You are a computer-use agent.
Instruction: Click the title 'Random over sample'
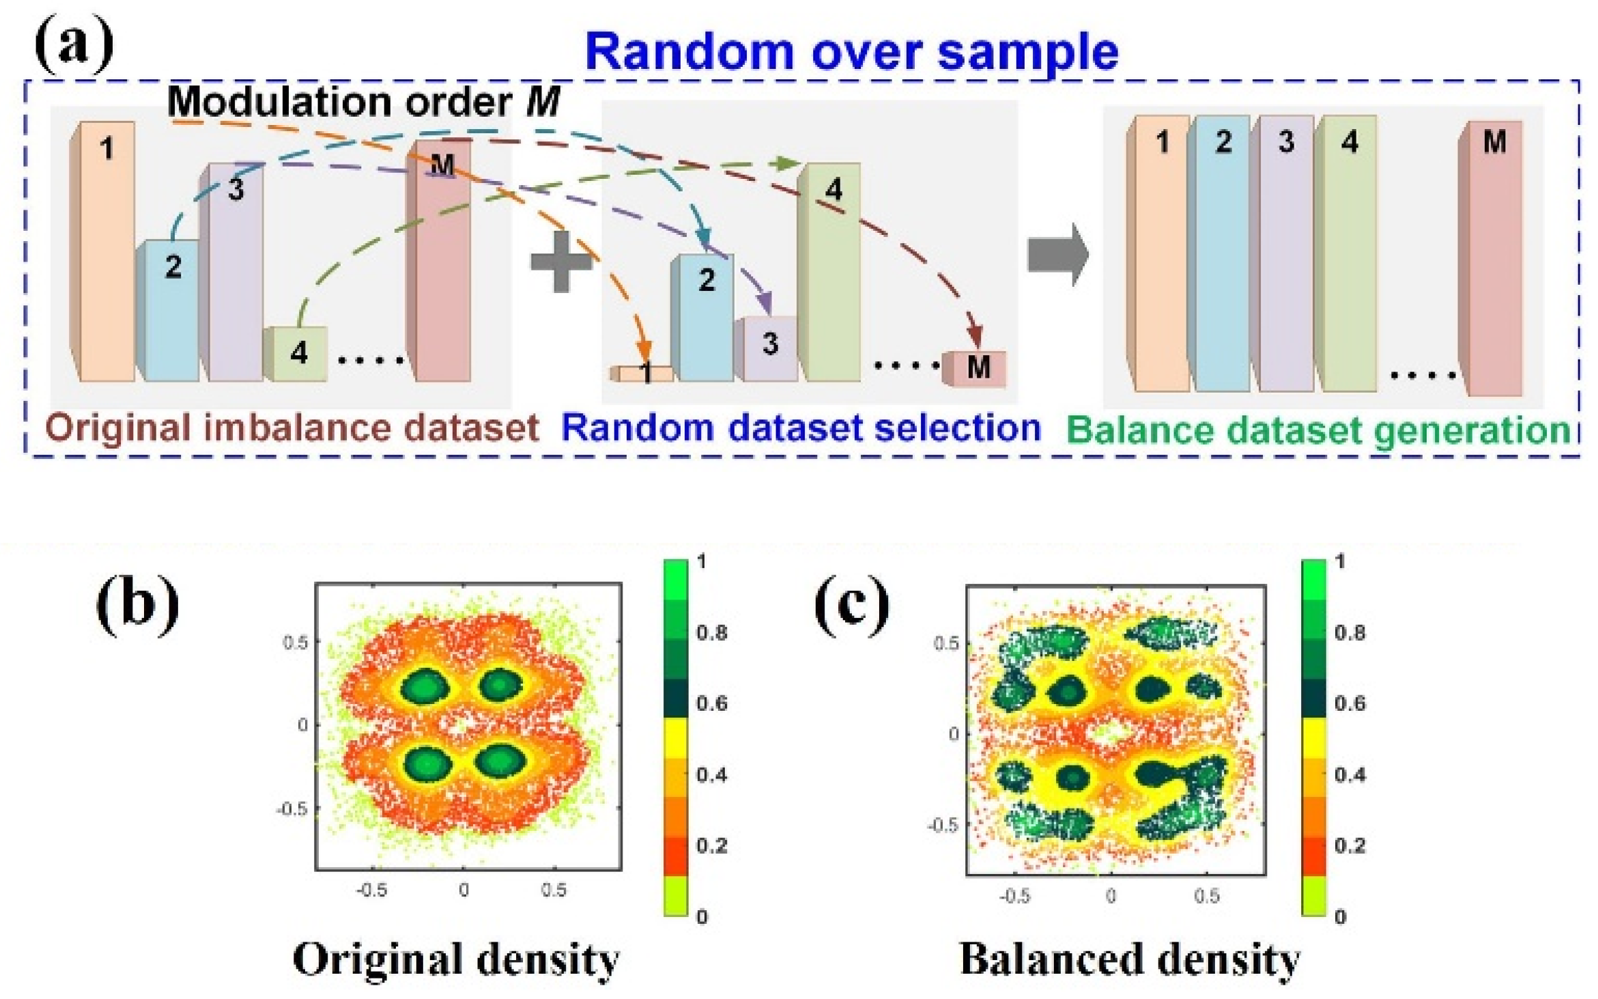851,52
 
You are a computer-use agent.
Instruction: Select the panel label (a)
74,45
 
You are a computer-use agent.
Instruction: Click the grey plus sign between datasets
561,262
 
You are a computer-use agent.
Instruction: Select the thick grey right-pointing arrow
1057,255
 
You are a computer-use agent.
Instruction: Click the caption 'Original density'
456,959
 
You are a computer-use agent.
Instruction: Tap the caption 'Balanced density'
1130,959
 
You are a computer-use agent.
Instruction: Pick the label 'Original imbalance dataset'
292,429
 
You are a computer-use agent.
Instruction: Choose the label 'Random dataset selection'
800,429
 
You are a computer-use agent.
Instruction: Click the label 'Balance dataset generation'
1317,431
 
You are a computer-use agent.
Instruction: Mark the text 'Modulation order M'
363,102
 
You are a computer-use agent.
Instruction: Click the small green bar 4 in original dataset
296,354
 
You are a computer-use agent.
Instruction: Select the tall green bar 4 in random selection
830,273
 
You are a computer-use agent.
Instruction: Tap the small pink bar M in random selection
975,369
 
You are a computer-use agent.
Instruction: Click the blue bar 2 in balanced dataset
1221,254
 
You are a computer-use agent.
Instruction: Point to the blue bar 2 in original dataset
169,311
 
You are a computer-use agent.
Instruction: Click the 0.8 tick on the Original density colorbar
711,633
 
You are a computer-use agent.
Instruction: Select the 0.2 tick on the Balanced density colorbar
1350,845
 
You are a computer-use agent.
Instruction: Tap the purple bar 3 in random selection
768,348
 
